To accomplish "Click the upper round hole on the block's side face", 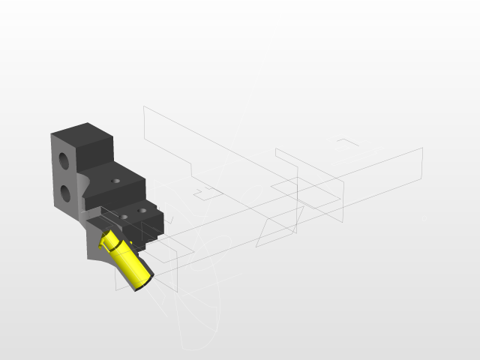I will (65, 160).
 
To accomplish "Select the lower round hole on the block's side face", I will (65, 193).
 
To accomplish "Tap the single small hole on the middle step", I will (115, 181).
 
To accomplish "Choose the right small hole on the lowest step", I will (141, 212).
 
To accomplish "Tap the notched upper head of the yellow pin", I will (109, 239).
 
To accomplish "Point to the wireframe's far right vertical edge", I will (423, 165).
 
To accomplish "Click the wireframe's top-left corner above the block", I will (144, 107).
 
